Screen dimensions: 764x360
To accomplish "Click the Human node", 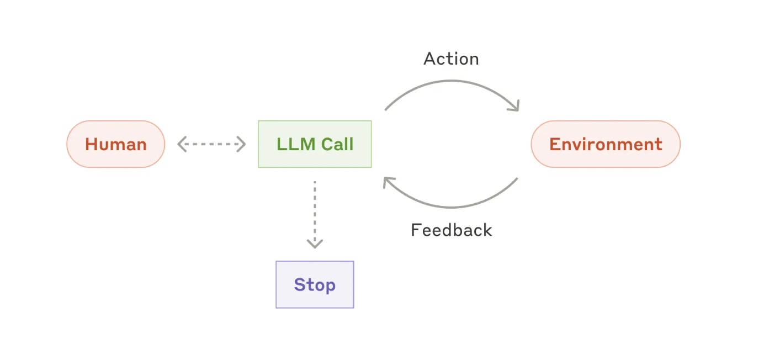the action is (x=115, y=144).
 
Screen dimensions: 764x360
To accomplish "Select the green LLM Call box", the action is (x=315, y=144).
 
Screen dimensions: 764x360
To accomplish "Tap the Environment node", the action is (x=606, y=144).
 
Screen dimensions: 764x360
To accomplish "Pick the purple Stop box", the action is (x=315, y=284).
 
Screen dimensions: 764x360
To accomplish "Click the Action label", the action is (x=451, y=59).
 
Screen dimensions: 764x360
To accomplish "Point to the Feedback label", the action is (x=451, y=230).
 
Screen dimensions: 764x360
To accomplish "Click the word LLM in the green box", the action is (x=296, y=144).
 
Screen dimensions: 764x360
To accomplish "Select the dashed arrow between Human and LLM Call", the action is (x=211, y=144).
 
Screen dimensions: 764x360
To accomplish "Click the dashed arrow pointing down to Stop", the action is (x=315, y=214).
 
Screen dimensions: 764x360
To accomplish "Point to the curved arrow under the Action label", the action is (x=451, y=81).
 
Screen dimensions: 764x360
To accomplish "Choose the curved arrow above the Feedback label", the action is (x=451, y=207).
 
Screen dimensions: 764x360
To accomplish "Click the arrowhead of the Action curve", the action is (x=515, y=107).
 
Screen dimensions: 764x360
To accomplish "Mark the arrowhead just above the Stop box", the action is (x=315, y=244).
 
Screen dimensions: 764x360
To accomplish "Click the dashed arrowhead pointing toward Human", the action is (x=181, y=144).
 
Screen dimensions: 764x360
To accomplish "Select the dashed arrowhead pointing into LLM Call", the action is (x=242, y=144).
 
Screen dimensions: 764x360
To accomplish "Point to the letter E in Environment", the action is (x=554, y=144).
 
